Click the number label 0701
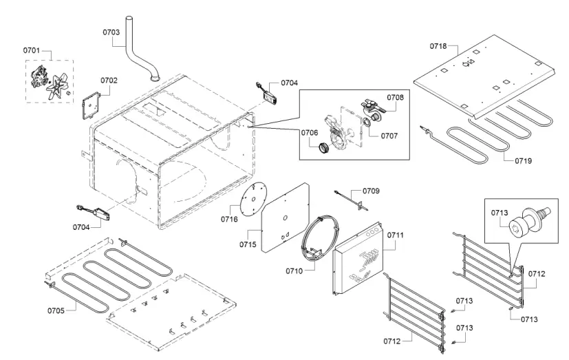point(32,50)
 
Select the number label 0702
point(109,81)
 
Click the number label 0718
point(438,46)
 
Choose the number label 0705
point(56,310)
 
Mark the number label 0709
point(371,190)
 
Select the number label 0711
point(395,235)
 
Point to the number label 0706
point(308,132)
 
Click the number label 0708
point(394,97)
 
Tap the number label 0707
point(389,136)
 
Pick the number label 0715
point(248,244)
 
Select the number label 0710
point(294,271)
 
